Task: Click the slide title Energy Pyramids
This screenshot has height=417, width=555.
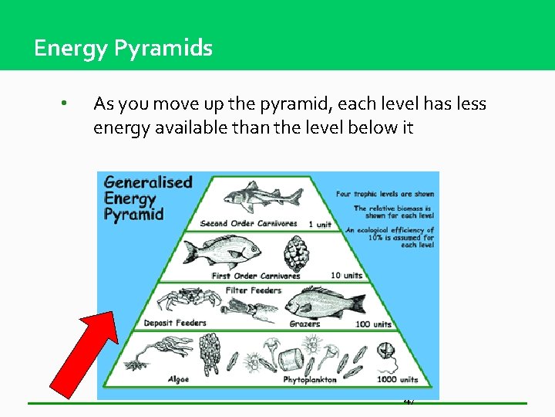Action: (123, 49)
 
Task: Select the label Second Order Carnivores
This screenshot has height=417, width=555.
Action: (248, 224)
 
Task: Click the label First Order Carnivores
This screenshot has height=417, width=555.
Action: (256, 276)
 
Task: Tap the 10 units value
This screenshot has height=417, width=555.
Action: (346, 276)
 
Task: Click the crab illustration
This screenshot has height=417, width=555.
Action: (180, 298)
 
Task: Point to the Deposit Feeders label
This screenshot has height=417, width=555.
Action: (175, 323)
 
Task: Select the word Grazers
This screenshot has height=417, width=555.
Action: (304, 324)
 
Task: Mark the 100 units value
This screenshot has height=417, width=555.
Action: (374, 324)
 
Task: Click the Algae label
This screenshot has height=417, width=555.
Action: (178, 379)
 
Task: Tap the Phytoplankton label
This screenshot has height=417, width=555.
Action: (310, 380)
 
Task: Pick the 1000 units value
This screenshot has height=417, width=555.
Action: (397, 379)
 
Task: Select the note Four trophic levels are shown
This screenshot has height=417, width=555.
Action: (385, 194)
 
